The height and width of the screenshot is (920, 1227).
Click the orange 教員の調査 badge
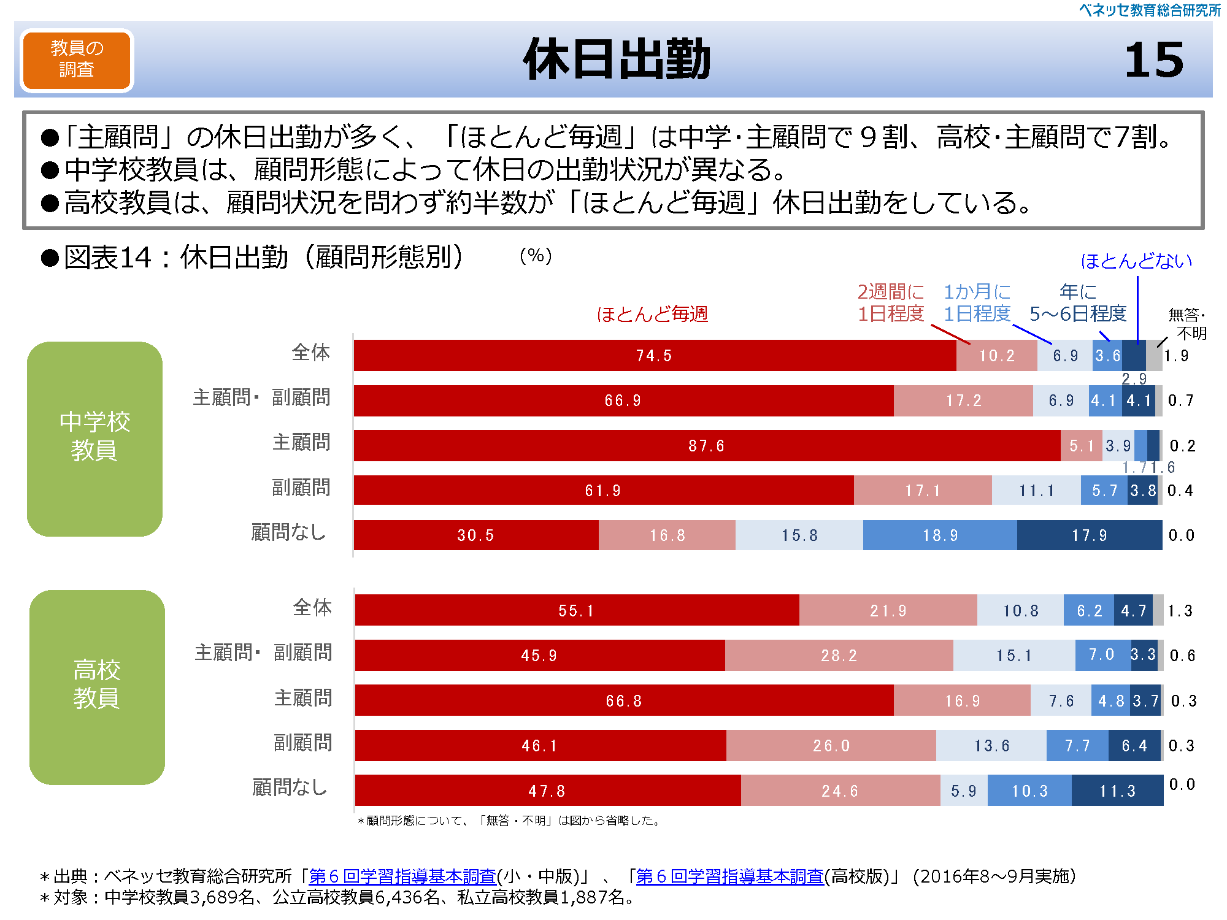pos(77,60)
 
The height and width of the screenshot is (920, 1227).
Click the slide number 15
pos(1153,60)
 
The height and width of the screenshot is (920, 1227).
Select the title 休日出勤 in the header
pos(616,60)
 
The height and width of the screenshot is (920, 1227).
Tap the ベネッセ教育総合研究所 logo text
pos(1149,10)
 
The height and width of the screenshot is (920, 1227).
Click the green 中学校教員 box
pos(94,439)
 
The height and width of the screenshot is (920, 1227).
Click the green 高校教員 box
pos(97,687)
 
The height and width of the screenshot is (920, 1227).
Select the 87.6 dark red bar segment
pos(707,445)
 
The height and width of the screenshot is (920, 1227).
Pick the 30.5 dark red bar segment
pos(475,535)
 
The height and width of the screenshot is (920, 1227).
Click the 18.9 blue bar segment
pos(940,535)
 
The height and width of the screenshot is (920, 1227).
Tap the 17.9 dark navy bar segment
pos(1090,535)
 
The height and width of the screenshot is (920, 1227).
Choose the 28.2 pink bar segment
pos(839,656)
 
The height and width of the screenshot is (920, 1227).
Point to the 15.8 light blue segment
pos(799,535)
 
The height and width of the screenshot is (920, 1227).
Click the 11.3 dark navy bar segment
pos(1117,791)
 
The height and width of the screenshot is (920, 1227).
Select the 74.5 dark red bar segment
pos(654,356)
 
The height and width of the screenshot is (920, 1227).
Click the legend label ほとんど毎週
pos(652,314)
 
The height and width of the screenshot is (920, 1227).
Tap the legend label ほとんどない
pos(1136,261)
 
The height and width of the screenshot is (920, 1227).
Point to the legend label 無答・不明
pos(1187,324)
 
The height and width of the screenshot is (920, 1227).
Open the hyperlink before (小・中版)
pos(402,876)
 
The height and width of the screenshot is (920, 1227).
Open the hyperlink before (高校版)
pos(730,876)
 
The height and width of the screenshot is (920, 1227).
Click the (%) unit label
pos(536,256)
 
